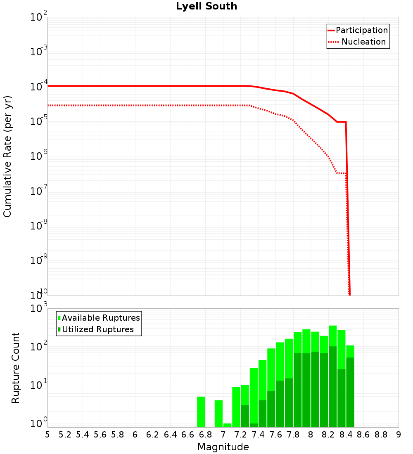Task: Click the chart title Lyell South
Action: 206,7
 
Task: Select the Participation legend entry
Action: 358,31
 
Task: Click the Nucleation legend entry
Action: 358,42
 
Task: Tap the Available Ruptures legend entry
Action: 99,318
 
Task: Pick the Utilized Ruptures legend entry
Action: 96,330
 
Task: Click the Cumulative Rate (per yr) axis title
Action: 7,156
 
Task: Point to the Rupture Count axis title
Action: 16,368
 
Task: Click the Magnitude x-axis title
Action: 223,447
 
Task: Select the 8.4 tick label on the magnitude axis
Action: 346,435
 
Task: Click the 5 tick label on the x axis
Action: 47,435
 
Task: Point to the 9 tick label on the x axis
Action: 398,435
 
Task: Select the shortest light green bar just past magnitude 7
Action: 227,425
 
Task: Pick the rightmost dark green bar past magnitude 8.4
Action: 350,392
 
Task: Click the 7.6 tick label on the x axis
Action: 275,435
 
